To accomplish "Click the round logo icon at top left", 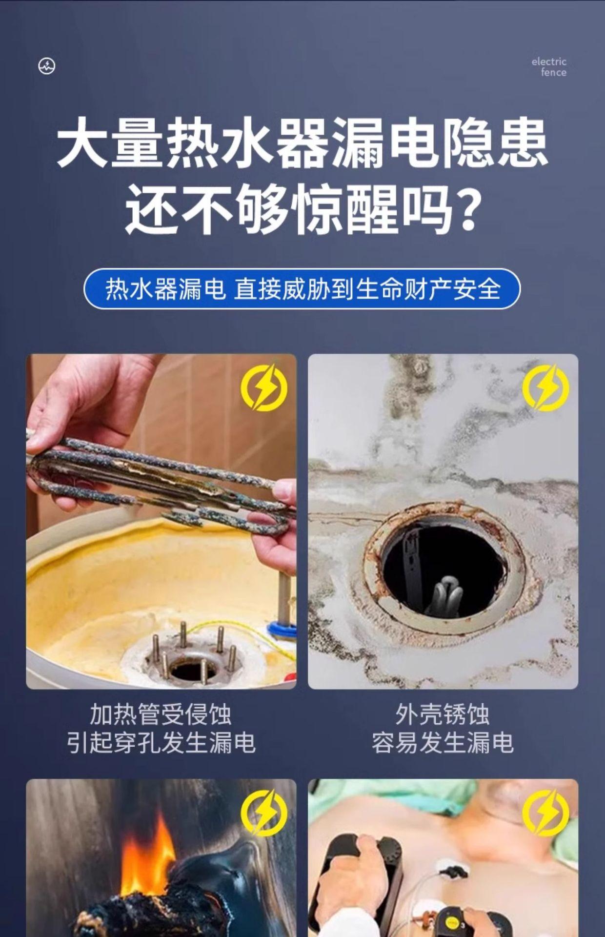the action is coord(47,66).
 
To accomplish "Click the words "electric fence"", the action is coord(549,67).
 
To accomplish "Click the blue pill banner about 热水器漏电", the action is coord(302,288).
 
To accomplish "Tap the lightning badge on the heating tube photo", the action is coord(264,387).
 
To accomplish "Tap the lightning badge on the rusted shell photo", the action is coord(546,387).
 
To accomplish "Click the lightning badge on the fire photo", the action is coord(264,813).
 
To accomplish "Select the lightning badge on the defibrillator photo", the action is coord(546,813).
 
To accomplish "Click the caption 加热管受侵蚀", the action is coord(161,714).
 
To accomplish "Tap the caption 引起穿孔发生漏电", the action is coord(161,743).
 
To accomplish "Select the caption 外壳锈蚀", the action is coord(443,714).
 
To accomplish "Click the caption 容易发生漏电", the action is coord(443,743).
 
